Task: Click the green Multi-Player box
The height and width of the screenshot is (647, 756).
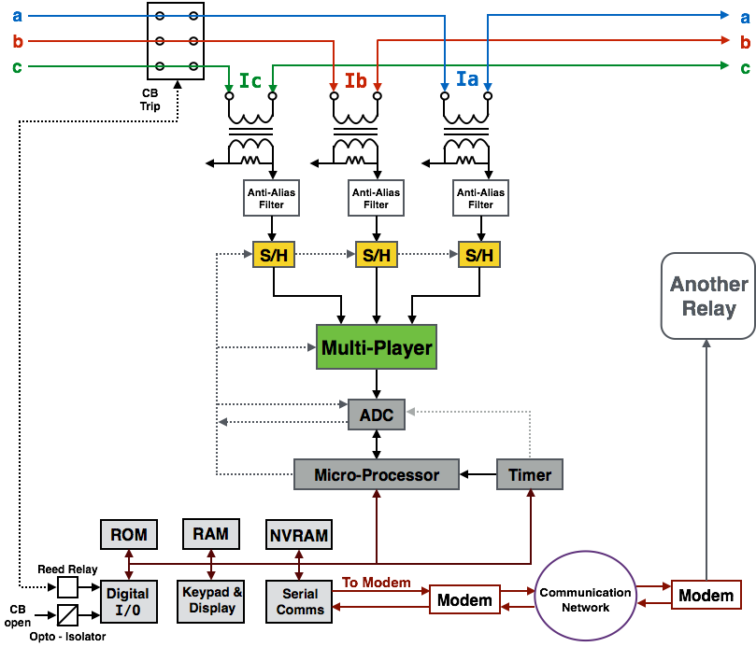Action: (x=377, y=347)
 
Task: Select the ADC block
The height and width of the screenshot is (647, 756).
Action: (x=377, y=415)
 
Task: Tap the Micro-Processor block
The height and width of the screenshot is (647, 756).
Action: (x=377, y=474)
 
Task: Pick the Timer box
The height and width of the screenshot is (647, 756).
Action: (x=530, y=474)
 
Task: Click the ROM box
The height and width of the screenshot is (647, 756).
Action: (x=129, y=535)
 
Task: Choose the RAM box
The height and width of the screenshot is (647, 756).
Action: (x=210, y=533)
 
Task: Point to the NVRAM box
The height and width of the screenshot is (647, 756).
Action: (x=299, y=535)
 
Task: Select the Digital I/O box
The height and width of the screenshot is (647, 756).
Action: (x=128, y=601)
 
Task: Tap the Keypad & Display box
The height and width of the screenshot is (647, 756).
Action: (x=211, y=600)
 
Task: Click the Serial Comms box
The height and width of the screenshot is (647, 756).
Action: (x=300, y=601)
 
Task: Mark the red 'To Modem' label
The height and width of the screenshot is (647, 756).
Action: (x=377, y=583)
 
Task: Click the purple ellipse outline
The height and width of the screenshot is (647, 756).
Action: (x=535, y=595)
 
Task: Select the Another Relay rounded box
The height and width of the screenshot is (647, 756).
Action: (x=707, y=296)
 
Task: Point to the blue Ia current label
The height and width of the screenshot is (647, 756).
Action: (x=467, y=79)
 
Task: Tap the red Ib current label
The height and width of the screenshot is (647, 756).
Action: (x=356, y=80)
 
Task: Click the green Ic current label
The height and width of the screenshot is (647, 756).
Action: (x=250, y=80)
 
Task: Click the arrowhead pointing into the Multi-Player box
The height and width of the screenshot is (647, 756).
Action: (x=311, y=348)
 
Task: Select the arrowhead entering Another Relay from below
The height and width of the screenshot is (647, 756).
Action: (x=707, y=344)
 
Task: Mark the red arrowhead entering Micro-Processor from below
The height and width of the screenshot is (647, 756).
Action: (x=377, y=494)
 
